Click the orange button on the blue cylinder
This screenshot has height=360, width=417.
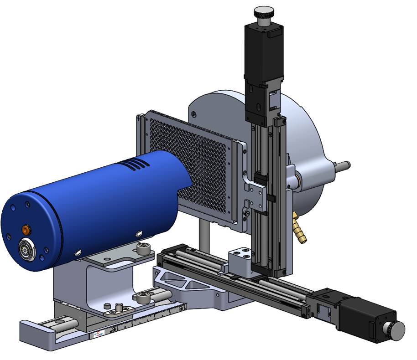[x=26, y=229]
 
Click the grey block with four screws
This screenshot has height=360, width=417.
[x=240, y=261]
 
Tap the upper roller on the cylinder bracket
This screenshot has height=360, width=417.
[x=144, y=249]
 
